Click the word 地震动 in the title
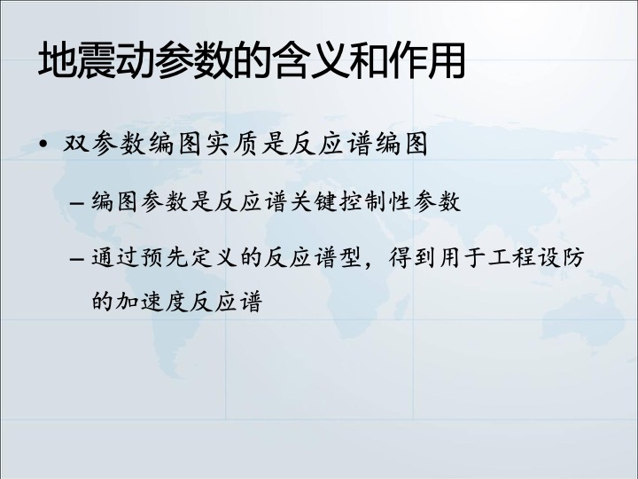[96, 60]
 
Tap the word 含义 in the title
[310, 60]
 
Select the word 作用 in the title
[427, 60]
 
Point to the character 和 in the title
[369, 60]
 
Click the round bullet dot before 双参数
[43, 144]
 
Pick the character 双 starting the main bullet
[76, 144]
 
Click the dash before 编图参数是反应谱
[77, 202]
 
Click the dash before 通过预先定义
[77, 259]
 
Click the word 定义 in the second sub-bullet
[214, 258]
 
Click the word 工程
[511, 258]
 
